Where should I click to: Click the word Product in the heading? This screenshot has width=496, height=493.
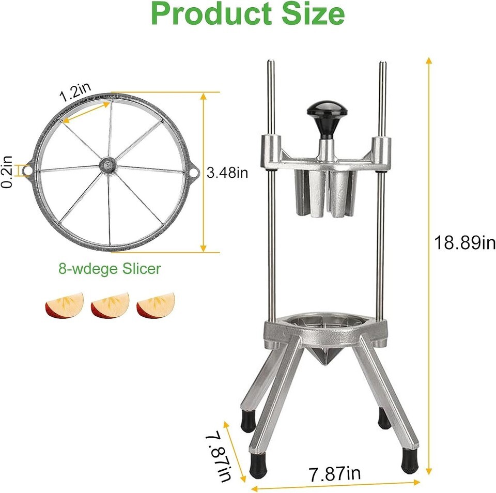212,14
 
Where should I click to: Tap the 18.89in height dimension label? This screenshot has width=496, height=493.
464,243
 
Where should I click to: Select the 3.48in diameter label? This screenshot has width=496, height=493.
227,173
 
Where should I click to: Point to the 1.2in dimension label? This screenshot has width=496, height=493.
75,92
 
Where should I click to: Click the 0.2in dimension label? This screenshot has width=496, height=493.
7,172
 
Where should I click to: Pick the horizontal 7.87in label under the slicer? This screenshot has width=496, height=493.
334,473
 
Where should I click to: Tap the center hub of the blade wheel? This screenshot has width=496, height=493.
108,165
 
